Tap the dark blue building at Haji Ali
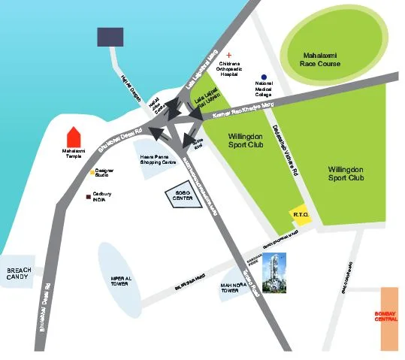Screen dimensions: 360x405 [111, 35]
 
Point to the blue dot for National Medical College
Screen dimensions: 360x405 [264, 77]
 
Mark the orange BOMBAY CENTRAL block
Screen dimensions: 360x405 [389, 318]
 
